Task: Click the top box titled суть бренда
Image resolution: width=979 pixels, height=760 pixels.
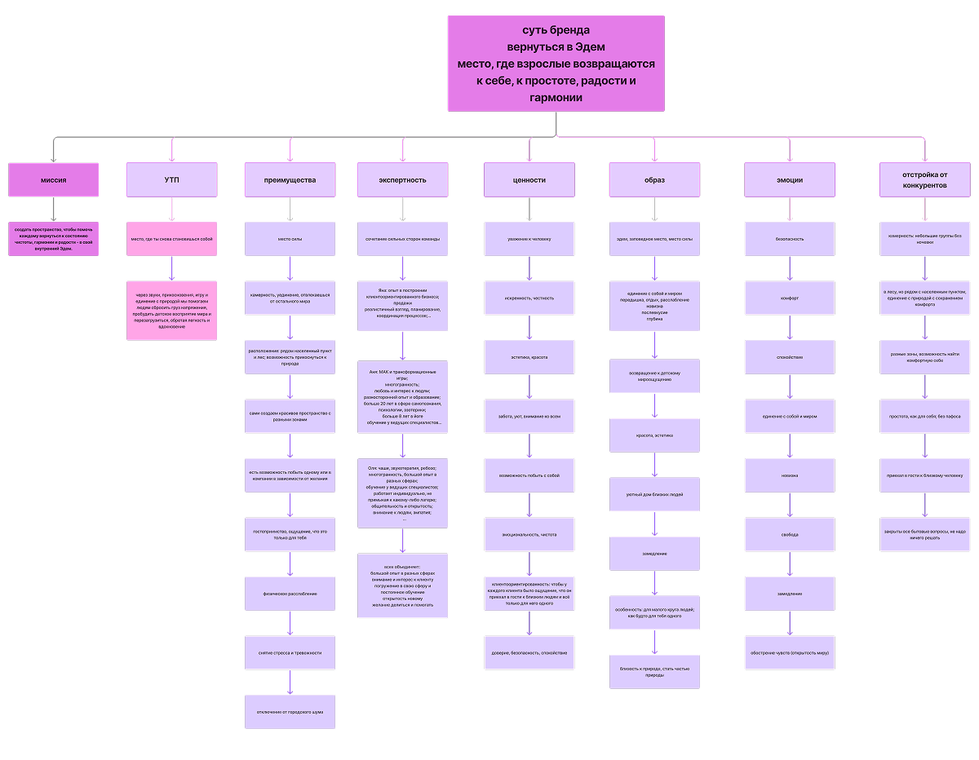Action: (556, 63)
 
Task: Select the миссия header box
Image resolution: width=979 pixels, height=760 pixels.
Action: (53, 179)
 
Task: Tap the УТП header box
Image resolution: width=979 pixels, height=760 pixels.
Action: (171, 179)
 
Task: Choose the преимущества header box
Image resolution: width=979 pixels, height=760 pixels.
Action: (290, 179)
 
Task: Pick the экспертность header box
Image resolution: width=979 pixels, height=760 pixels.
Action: (402, 179)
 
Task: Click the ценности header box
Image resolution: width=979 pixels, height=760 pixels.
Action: (529, 179)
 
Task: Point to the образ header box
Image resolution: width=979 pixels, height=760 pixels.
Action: (654, 179)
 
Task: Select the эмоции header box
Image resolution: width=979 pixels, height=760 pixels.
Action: (789, 179)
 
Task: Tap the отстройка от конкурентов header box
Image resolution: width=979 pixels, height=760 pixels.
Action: (924, 179)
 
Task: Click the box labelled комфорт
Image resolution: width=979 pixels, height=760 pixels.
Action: (789, 298)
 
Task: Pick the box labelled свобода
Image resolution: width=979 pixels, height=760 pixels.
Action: (789, 535)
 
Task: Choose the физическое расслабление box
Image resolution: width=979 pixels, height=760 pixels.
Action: (290, 593)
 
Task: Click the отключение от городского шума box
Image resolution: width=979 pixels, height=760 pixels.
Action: (290, 712)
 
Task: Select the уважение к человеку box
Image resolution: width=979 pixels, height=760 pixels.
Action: (529, 239)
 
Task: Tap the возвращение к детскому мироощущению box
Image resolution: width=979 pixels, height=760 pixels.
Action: (654, 376)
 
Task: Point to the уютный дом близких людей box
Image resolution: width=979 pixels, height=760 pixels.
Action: (654, 494)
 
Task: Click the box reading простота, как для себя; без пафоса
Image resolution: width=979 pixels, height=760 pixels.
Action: (924, 416)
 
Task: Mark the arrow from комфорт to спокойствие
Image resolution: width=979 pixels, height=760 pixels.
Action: (789, 327)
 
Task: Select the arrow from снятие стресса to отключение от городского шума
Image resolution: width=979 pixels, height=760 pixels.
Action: (290, 682)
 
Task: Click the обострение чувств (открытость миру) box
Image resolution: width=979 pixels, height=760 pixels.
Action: (789, 652)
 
